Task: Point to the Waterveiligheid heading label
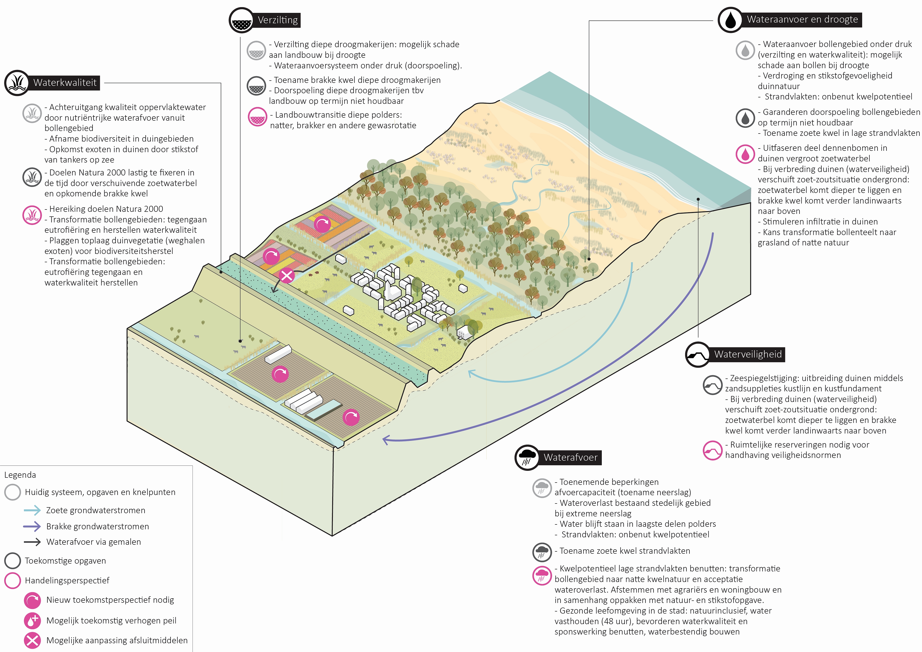[748, 354]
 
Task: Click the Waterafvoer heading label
[570, 457]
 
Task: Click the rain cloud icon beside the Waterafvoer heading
[527, 457]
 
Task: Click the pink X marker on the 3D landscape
[287, 275]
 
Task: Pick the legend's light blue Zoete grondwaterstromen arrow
[32, 510]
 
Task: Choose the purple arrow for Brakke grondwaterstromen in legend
[32, 526]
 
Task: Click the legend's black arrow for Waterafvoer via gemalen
[32, 542]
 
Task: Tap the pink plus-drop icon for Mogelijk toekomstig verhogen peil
[32, 620]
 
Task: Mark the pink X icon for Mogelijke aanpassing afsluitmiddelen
[32, 640]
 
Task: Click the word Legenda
[20, 475]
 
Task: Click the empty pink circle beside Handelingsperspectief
[12, 581]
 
